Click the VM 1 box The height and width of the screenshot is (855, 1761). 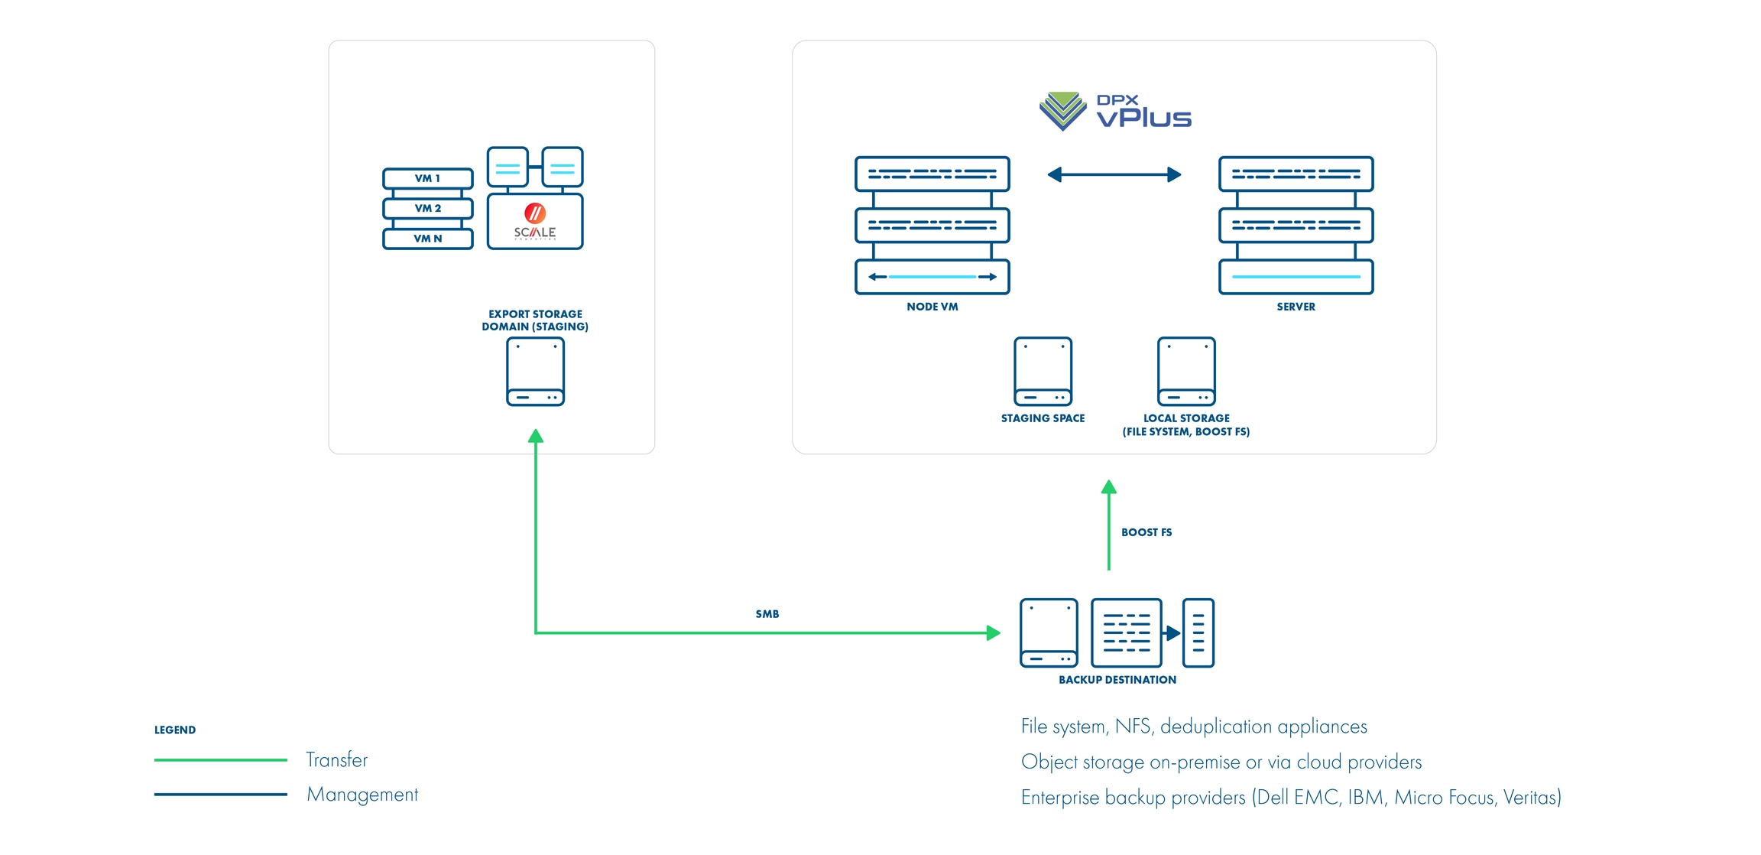[x=427, y=178]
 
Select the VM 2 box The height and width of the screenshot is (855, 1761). [x=427, y=208]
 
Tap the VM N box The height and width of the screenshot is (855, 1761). [x=427, y=239]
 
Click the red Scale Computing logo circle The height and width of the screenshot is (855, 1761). [x=535, y=213]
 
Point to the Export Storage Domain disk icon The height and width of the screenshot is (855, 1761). [x=535, y=372]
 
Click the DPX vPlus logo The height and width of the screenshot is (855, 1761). [x=1115, y=112]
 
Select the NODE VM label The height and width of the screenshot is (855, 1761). [x=932, y=307]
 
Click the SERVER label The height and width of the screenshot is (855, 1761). [x=1296, y=307]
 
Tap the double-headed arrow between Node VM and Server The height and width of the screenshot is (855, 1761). [x=1114, y=175]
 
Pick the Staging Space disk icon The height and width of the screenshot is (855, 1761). [x=1043, y=372]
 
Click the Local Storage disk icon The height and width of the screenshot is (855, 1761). [x=1186, y=372]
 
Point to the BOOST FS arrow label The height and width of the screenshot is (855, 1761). [x=1146, y=532]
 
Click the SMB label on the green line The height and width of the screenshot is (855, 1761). [x=767, y=614]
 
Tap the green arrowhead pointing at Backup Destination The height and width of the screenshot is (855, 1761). [x=994, y=633]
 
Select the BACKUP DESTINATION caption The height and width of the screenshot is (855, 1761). [x=1117, y=680]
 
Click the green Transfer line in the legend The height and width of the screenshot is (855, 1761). [x=220, y=759]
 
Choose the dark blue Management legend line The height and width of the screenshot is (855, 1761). [x=220, y=795]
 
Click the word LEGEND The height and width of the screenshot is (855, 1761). [x=175, y=730]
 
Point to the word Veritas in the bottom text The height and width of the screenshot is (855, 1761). [x=1530, y=798]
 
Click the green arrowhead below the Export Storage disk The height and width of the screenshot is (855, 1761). [x=536, y=437]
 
